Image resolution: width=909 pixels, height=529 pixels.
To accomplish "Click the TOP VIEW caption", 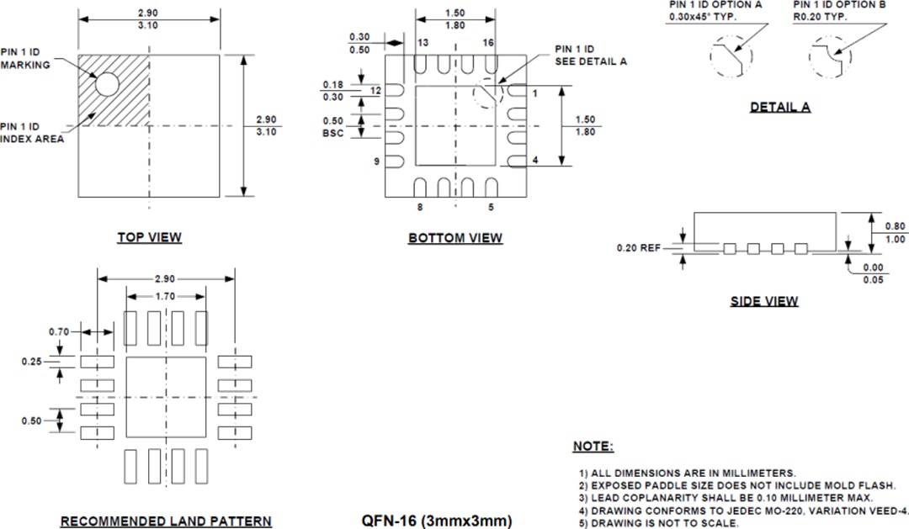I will tap(149, 238).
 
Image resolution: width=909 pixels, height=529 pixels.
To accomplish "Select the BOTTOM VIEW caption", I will tap(455, 239).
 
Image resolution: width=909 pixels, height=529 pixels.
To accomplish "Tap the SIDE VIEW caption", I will tap(764, 301).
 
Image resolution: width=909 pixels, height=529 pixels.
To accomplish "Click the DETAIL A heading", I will tap(780, 108).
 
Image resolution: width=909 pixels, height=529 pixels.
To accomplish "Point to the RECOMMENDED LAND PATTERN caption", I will tap(166, 521).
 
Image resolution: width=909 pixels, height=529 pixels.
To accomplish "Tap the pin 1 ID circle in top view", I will tap(107, 83).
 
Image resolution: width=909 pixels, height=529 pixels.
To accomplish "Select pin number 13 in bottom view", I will tap(423, 42).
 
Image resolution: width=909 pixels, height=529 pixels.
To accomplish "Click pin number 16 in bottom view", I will tap(488, 42).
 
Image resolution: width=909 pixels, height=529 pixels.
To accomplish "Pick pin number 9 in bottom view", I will tap(379, 161).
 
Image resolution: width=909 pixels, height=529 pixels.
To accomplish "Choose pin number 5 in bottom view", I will tap(492, 206).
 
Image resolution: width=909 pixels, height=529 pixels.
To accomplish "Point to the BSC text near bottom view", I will tap(333, 133).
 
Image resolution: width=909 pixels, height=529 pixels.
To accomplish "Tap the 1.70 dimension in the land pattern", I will tap(166, 296).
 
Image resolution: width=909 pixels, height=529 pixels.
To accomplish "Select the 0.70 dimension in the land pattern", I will tap(58, 332).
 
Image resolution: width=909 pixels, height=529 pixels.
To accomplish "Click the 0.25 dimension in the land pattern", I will tap(31, 362).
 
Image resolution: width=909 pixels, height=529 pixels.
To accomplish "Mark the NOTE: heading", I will tap(593, 446).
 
